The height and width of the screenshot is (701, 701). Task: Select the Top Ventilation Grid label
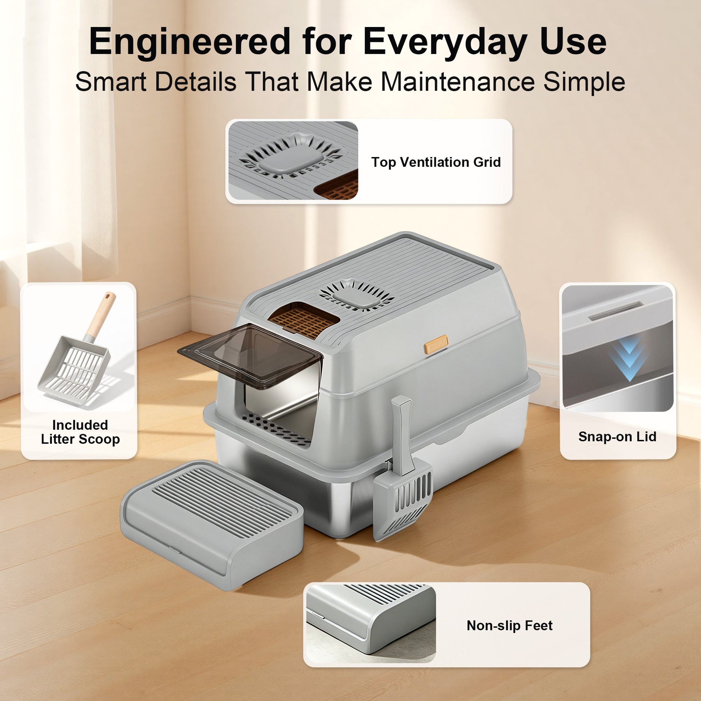click(x=436, y=162)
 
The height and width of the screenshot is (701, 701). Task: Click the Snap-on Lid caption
click(x=617, y=437)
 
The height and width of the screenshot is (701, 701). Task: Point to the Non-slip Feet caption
click(x=509, y=625)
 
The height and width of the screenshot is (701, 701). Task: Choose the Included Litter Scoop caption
click(x=80, y=432)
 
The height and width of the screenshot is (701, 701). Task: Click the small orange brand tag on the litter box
click(x=436, y=344)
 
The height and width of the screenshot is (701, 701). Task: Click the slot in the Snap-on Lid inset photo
click(x=615, y=311)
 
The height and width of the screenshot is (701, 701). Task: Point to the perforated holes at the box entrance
click(x=276, y=430)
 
